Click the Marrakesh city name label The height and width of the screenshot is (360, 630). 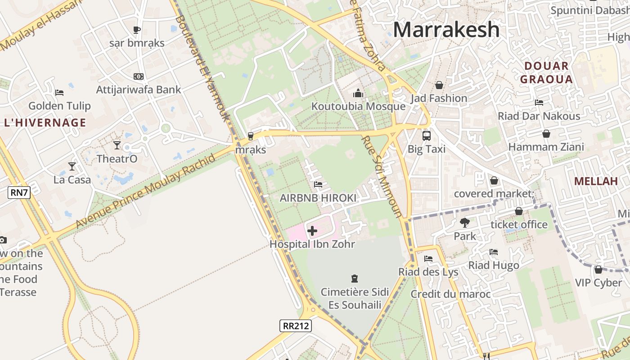[x=446, y=30]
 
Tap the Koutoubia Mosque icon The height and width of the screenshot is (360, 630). [x=358, y=93]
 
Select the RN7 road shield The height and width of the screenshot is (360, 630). [x=19, y=193]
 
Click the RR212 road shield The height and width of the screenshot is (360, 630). [x=295, y=326]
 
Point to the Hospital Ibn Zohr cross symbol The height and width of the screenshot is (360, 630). [x=312, y=231]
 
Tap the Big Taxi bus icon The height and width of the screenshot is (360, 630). [x=426, y=135]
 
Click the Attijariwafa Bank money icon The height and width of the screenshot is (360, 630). [x=139, y=76]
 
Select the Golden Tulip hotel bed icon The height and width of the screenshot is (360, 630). [x=59, y=93]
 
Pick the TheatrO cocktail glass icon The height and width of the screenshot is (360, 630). [x=117, y=145]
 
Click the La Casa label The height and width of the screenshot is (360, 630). [x=72, y=180]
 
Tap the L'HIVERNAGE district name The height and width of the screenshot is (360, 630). [x=45, y=122]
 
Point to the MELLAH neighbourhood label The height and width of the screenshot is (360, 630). [x=596, y=181]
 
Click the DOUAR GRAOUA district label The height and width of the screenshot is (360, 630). [x=546, y=73]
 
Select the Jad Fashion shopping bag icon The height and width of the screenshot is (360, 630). [x=439, y=85]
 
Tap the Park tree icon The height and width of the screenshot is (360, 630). [x=464, y=223]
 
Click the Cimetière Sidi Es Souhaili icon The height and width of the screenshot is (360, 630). [x=355, y=279]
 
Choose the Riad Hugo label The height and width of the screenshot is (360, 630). [x=494, y=265]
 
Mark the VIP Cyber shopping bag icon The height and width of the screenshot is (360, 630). [x=598, y=270]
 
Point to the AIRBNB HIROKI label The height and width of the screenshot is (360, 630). [x=318, y=198]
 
